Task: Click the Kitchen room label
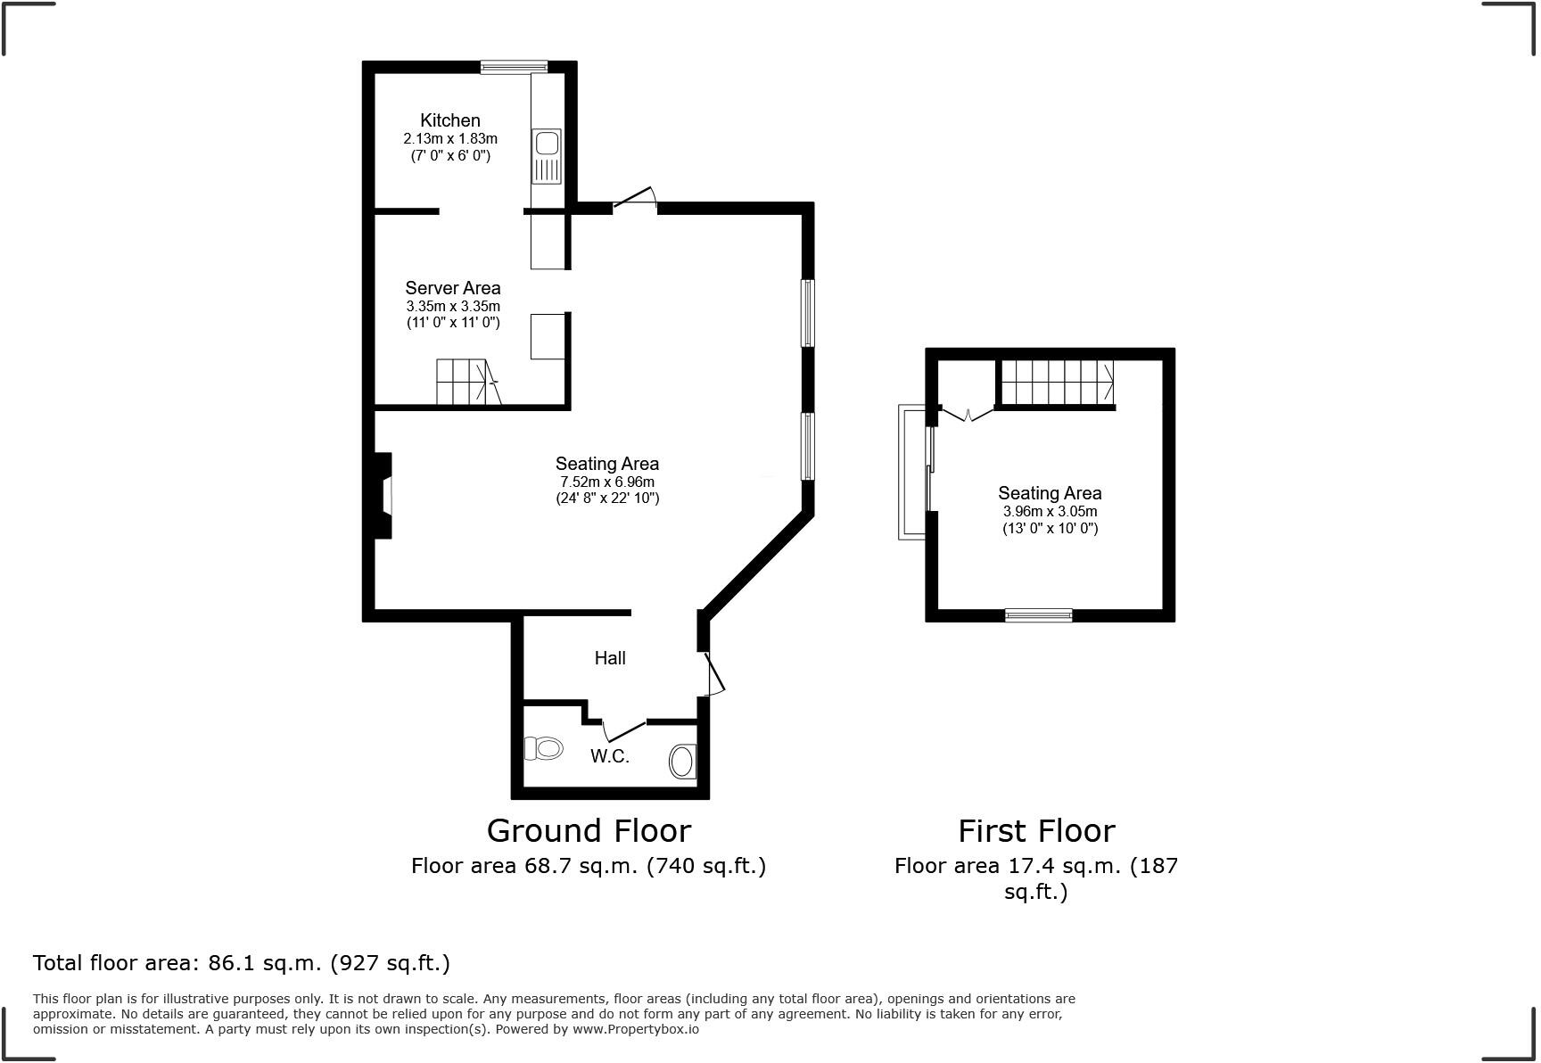[450, 120]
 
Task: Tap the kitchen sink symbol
[546, 156]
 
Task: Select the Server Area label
[453, 288]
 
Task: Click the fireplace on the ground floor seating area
[382, 496]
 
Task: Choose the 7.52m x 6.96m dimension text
[607, 482]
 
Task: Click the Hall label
[610, 658]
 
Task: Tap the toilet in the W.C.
[543, 747]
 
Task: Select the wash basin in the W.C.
[682, 762]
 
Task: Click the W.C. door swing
[624, 729]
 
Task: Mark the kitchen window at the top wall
[514, 66]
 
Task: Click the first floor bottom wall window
[1039, 614]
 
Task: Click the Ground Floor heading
[589, 831]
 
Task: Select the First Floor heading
[1036, 831]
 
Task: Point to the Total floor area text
[242, 963]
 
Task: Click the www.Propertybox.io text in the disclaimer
[635, 1029]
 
